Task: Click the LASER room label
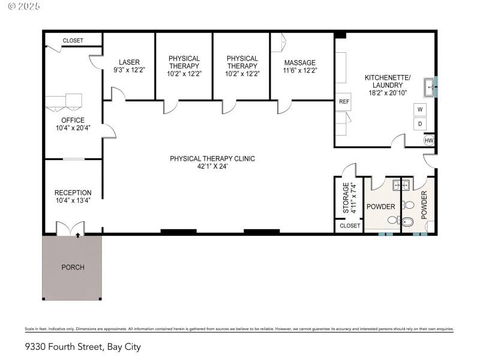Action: coord(129,62)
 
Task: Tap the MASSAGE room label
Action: coord(300,62)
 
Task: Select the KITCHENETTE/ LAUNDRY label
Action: coord(388,81)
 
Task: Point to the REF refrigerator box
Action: coord(344,101)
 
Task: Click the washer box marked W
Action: coord(421,110)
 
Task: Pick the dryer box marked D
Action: coord(421,124)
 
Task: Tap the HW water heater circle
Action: coord(428,140)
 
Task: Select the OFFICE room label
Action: coord(73,120)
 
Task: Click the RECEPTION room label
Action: coord(73,193)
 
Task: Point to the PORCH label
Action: coord(73,267)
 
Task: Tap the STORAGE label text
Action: coord(346,198)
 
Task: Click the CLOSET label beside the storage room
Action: coord(350,226)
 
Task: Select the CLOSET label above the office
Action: coord(73,40)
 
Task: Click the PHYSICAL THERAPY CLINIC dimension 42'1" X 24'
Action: coord(212,166)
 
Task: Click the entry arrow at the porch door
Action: coord(77,236)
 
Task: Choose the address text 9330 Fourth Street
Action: coord(64,346)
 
